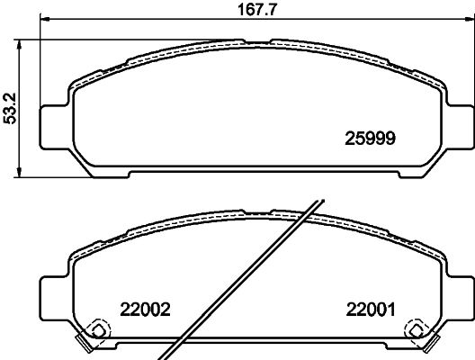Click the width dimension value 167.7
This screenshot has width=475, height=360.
[257, 9]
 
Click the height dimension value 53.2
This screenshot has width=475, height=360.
[9, 109]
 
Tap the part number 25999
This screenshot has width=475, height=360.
[370, 139]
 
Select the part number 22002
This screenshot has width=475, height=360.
[146, 310]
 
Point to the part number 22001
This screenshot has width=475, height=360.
[371, 310]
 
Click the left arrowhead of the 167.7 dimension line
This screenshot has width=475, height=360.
[45, 20]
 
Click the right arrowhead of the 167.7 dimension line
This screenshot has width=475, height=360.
[470, 20]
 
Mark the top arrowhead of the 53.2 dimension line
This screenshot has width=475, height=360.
[20, 44]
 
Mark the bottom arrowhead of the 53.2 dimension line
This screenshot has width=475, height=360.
[20, 173]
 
